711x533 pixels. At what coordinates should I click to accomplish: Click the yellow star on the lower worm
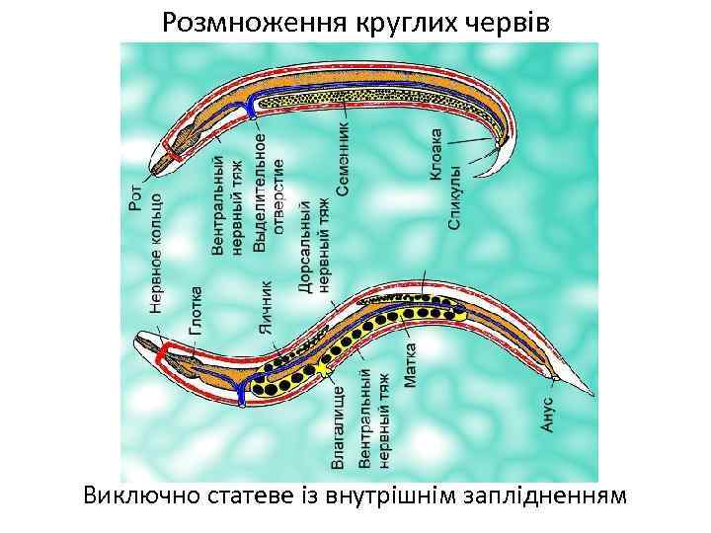pos(319,369)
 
